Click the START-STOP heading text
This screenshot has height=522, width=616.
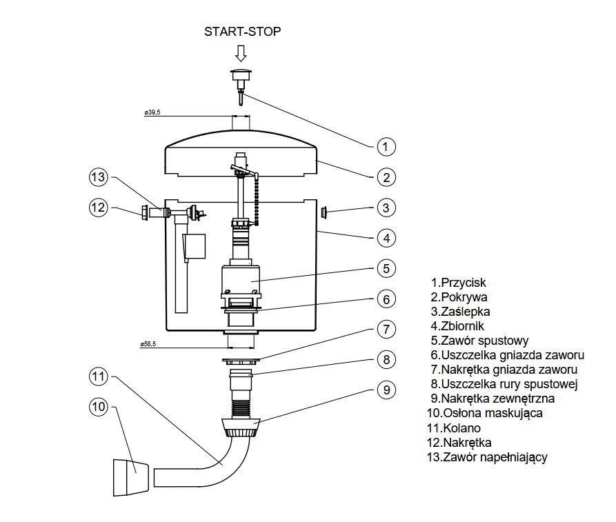click(242, 32)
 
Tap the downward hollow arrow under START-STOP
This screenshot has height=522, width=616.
click(241, 53)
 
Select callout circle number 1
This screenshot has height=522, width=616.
click(386, 147)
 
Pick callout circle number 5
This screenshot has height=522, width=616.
click(386, 269)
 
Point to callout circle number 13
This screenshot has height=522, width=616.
click(98, 177)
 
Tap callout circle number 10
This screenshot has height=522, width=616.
click(98, 406)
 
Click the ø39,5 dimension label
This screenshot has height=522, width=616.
click(152, 112)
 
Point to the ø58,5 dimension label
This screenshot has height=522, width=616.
click(148, 344)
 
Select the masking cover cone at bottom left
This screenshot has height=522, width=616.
click(131, 477)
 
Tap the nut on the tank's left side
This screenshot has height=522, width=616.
click(145, 213)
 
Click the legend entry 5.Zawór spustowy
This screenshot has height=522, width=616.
click(479, 341)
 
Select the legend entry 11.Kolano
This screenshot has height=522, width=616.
click(454, 428)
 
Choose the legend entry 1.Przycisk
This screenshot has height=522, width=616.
click(459, 283)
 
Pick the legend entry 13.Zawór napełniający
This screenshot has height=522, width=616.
click(487, 457)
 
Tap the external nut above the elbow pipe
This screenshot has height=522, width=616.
click(241, 428)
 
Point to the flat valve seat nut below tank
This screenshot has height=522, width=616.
click(241, 360)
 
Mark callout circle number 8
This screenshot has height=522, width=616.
click(386, 359)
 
